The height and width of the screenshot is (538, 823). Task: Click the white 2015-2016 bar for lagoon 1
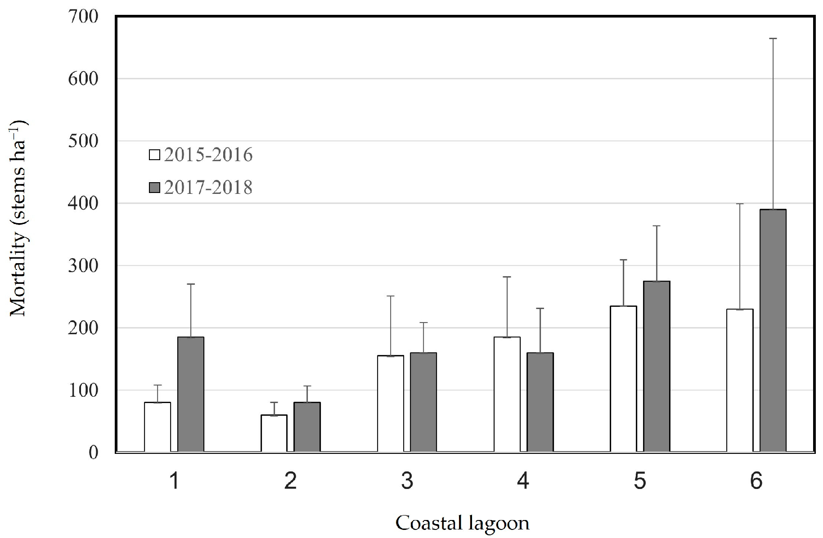(x=157, y=427)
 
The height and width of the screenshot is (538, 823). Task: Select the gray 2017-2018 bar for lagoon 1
(x=191, y=394)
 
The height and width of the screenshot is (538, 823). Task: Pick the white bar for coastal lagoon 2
(x=274, y=433)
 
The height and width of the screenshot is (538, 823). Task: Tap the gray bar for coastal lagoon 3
(x=423, y=402)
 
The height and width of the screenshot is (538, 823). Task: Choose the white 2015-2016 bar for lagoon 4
(x=507, y=394)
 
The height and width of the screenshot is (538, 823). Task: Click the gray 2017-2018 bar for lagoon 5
(x=657, y=366)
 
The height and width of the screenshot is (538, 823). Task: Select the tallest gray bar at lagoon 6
(x=773, y=331)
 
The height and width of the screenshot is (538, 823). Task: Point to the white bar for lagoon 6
(x=740, y=381)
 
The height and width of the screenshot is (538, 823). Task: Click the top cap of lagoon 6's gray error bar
(x=773, y=39)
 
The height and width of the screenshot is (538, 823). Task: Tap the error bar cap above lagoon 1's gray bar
(x=191, y=284)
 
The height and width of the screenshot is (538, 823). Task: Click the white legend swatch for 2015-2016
(x=154, y=155)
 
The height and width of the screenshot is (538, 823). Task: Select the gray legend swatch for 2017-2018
(x=154, y=188)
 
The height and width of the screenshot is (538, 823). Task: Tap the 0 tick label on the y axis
(x=93, y=452)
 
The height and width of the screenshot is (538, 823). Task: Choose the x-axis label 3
(x=407, y=482)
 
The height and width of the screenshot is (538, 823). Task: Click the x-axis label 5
(x=640, y=482)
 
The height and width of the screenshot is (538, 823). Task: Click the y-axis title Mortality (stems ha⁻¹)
(x=19, y=218)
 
